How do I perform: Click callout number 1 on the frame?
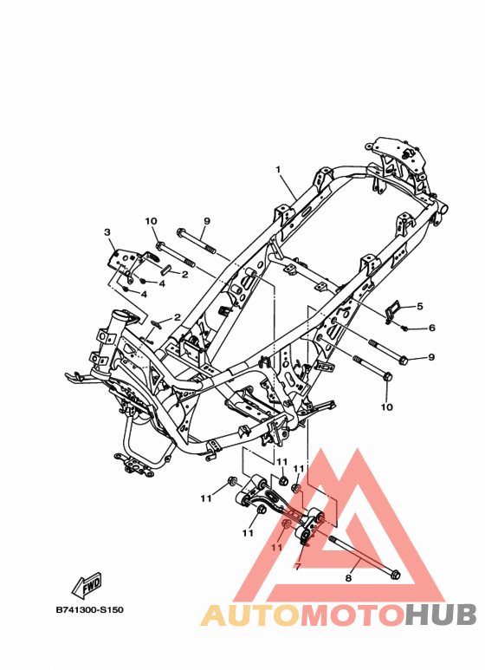click(x=278, y=170)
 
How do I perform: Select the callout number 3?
click(x=107, y=232)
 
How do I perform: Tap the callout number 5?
click(x=420, y=306)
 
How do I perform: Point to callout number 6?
click(x=431, y=328)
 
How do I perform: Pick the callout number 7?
click(x=297, y=567)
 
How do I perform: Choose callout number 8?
click(x=348, y=578)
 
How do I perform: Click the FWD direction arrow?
click(x=87, y=584)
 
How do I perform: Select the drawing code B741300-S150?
click(x=90, y=609)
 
